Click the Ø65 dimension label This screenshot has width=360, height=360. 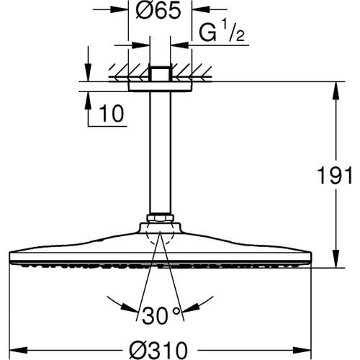[x=160, y=12]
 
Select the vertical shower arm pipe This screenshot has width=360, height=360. [x=160, y=151]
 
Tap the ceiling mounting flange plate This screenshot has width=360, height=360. [x=160, y=86]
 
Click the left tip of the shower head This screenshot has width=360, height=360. [x=9, y=258]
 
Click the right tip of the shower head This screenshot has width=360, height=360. [x=311, y=258]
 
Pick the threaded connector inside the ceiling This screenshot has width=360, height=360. [x=160, y=73]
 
